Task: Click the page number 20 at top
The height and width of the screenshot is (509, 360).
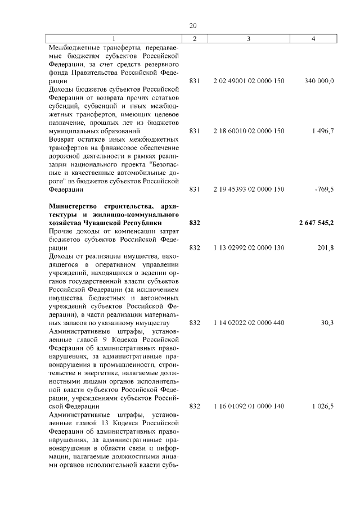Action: tap(193, 26)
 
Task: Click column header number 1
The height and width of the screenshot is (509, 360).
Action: tap(116, 39)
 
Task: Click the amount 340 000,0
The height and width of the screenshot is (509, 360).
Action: tap(319, 81)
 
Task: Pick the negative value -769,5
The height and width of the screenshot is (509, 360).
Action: tap(325, 190)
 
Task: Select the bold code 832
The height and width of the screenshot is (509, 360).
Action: tap(195, 223)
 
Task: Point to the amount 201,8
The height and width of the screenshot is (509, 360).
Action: tap(326, 247)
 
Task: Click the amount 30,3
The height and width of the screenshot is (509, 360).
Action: tap(327, 322)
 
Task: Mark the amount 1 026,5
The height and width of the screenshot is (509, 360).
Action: tap(323, 406)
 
